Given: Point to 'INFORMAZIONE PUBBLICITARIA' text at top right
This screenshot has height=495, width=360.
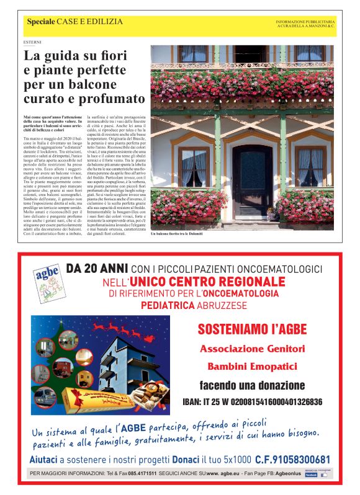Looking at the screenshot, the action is coord(304,22).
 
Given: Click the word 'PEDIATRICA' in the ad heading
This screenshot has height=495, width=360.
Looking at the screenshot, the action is coord(167,305).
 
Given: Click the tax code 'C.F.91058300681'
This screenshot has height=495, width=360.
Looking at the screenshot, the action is coord(292,460).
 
